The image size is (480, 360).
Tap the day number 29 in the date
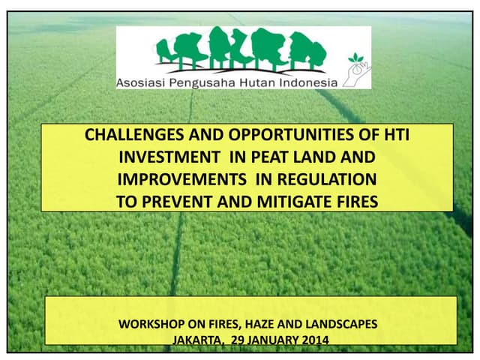point(238,339)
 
